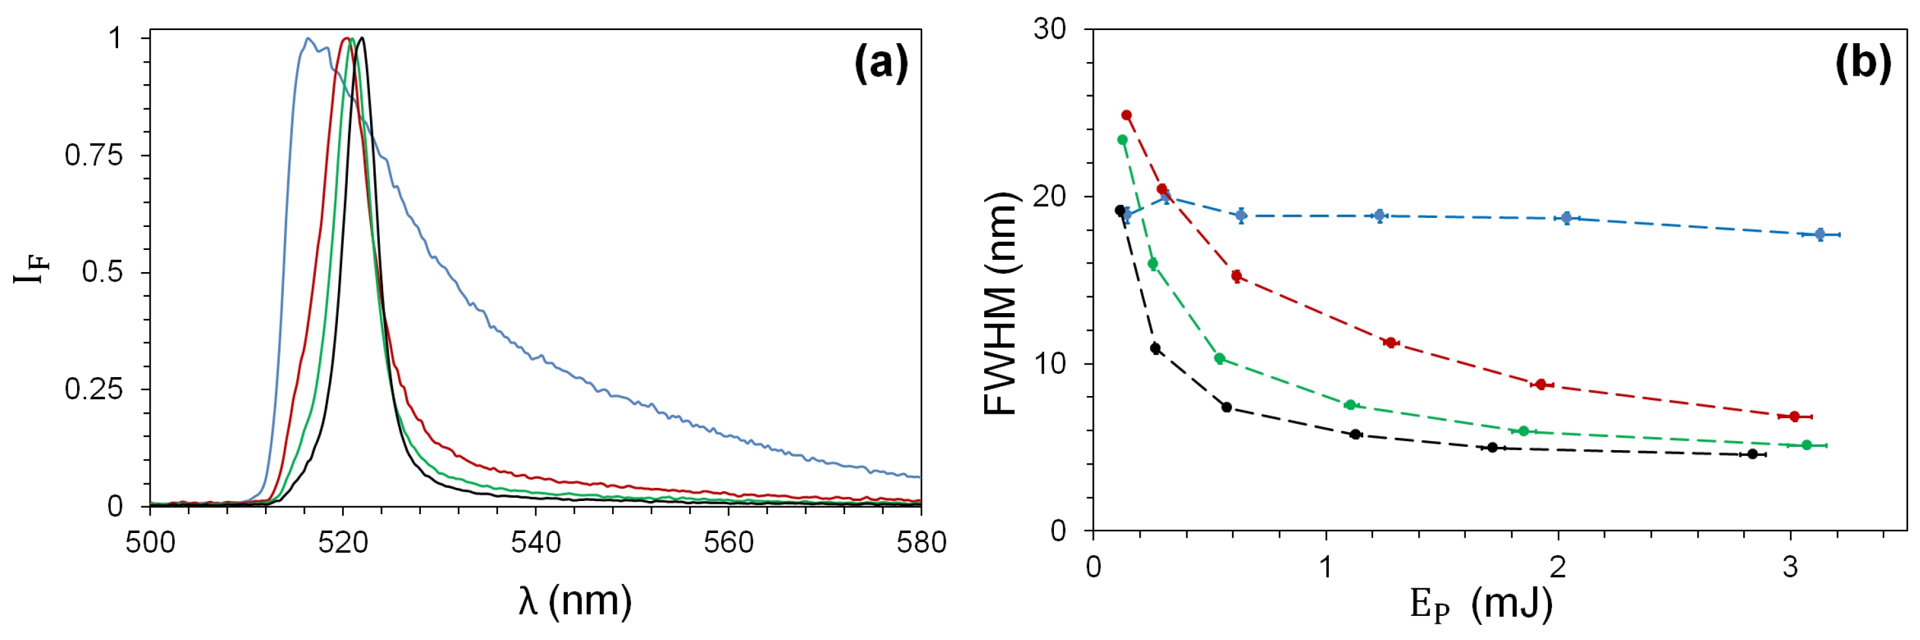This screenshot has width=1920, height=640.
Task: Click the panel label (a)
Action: pyautogui.click(x=881, y=63)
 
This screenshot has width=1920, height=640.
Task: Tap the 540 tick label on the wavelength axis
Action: pyautogui.click(x=535, y=541)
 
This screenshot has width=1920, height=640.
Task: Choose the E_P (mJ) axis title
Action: pyautogui.click(x=1481, y=604)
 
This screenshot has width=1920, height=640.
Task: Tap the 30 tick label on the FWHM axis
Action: pyautogui.click(x=1049, y=30)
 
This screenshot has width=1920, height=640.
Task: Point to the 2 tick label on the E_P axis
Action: pyautogui.click(x=1558, y=567)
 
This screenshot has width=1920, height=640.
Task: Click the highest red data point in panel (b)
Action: pyautogui.click(x=1126, y=115)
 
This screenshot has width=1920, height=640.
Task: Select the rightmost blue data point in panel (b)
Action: pyautogui.click(x=1819, y=235)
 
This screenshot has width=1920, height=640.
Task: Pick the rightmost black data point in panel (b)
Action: pyautogui.click(x=1752, y=453)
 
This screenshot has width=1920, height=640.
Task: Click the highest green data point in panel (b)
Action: pyautogui.click(x=1122, y=140)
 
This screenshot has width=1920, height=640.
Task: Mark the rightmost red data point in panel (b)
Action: pyautogui.click(x=1794, y=416)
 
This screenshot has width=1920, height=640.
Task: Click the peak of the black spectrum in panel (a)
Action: pyautogui.click(x=362, y=38)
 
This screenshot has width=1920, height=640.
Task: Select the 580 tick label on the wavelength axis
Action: pyautogui.click(x=921, y=541)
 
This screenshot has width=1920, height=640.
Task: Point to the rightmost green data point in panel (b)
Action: pyautogui.click(x=1806, y=445)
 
